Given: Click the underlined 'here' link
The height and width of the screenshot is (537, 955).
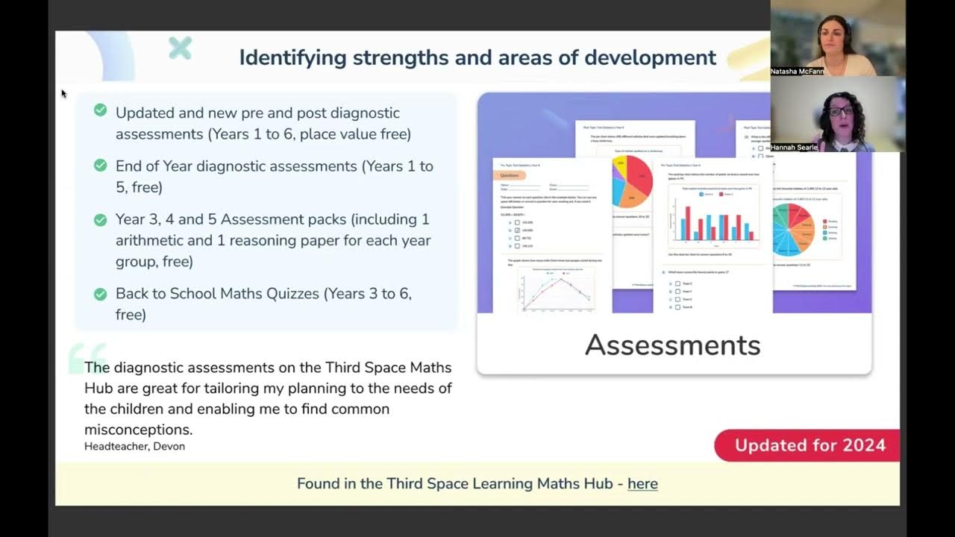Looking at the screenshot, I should pyautogui.click(x=642, y=483).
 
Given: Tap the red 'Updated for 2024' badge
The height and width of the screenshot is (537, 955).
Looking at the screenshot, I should pyautogui.click(x=809, y=445).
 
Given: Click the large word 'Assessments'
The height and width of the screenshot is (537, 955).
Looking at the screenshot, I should pyautogui.click(x=672, y=345).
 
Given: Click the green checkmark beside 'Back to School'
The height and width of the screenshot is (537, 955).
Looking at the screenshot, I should pyautogui.click(x=100, y=294).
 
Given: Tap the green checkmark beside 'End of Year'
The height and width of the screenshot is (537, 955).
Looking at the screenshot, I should pyautogui.click(x=100, y=166).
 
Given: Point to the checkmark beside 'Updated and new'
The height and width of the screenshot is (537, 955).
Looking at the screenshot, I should pyautogui.click(x=100, y=110).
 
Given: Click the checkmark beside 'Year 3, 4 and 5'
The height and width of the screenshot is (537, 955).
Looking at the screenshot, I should pyautogui.click(x=100, y=219).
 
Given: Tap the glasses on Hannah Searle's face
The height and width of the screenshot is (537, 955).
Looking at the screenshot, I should pyautogui.click(x=841, y=111).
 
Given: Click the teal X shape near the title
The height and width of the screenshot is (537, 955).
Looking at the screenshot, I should pyautogui.click(x=180, y=48).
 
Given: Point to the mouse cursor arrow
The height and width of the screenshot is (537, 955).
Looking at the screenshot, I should pyautogui.click(x=64, y=93).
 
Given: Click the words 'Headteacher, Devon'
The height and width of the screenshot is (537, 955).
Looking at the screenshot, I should pyautogui.click(x=134, y=446).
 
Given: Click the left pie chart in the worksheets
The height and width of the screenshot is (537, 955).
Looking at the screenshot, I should pyautogui.click(x=632, y=181).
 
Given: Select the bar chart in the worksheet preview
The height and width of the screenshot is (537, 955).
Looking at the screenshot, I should pyautogui.click(x=713, y=216).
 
